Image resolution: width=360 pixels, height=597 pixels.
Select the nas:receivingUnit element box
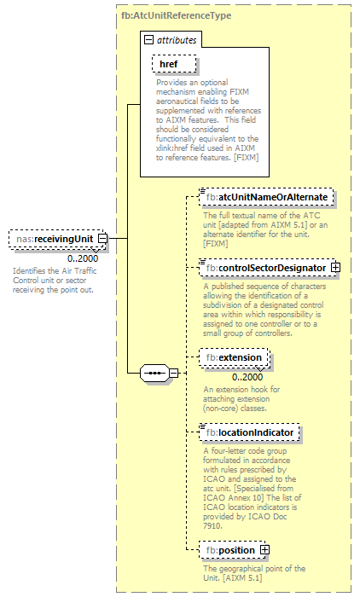click(x=54, y=240)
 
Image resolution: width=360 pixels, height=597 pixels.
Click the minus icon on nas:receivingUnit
click(x=102, y=240)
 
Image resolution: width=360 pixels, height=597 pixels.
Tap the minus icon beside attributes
click(x=148, y=40)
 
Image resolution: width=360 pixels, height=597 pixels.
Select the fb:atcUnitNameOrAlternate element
click(x=266, y=197)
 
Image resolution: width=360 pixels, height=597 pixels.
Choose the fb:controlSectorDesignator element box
click(x=266, y=244)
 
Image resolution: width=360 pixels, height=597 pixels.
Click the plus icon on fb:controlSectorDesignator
click(x=335, y=244)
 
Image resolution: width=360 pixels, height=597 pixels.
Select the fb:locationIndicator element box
click(x=249, y=433)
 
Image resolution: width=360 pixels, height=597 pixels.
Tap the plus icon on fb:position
click(x=264, y=549)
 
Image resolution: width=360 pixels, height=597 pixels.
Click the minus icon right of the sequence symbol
click(x=173, y=373)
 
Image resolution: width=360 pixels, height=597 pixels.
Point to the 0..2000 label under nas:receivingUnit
click(x=83, y=258)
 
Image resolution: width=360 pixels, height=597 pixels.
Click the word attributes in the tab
click(x=176, y=40)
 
